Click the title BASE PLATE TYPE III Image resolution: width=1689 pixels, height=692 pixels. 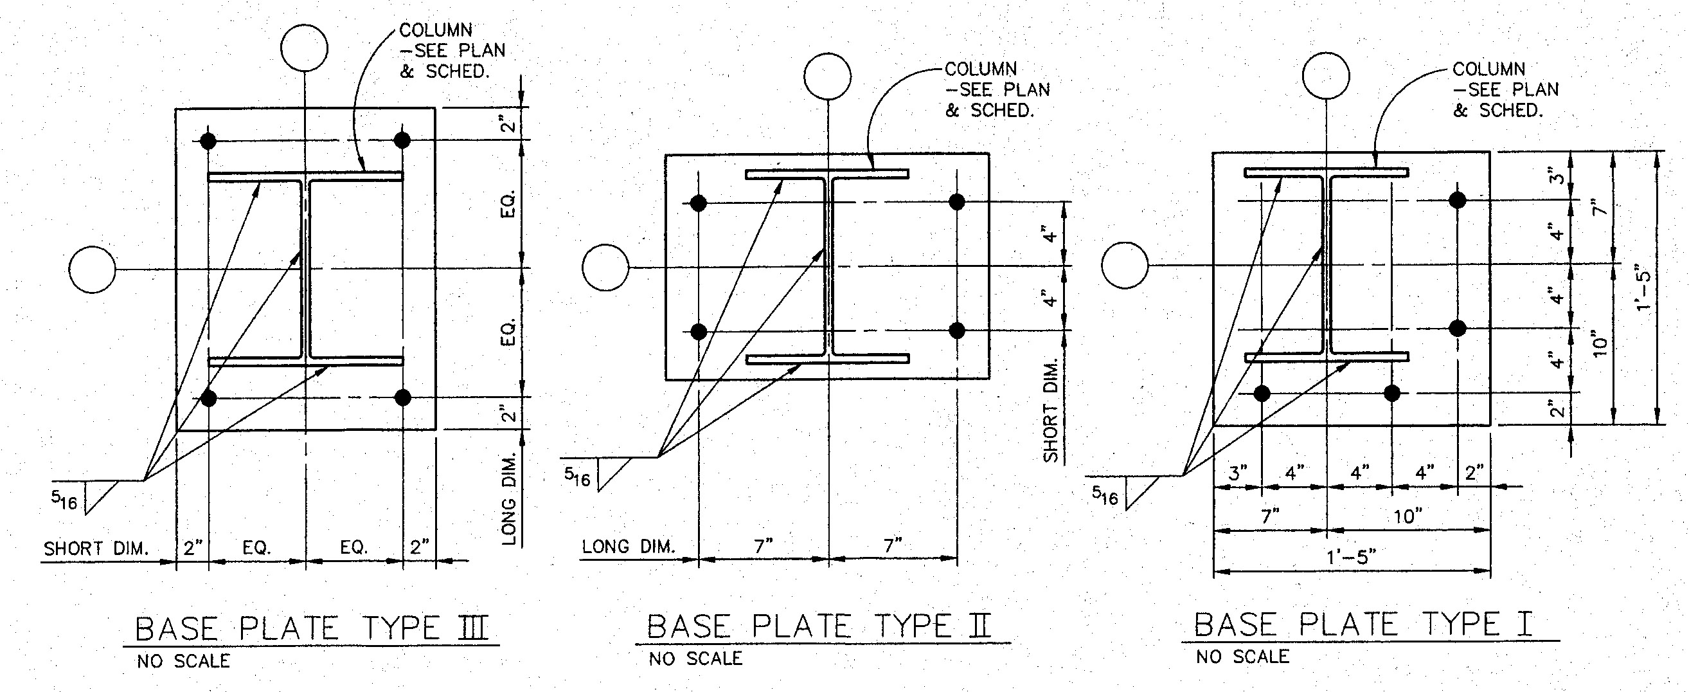click(x=312, y=628)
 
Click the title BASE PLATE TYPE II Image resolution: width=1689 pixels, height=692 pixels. click(x=819, y=626)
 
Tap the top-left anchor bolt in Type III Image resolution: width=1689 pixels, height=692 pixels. click(x=208, y=141)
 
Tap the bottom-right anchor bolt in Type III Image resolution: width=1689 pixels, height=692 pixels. click(x=402, y=397)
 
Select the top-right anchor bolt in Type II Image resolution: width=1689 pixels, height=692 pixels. click(x=956, y=201)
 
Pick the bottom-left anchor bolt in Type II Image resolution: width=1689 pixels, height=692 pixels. click(x=699, y=331)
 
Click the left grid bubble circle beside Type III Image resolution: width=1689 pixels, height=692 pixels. click(x=93, y=269)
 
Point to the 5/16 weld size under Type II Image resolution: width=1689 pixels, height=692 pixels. click(x=578, y=477)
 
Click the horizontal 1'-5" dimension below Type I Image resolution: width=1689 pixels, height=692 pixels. click(x=1351, y=558)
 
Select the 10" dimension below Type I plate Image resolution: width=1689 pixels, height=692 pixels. click(x=1407, y=517)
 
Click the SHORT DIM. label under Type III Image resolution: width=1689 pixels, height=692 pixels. click(x=96, y=549)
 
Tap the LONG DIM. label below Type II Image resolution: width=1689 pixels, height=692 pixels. click(x=628, y=547)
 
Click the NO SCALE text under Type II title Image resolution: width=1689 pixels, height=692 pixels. click(x=695, y=659)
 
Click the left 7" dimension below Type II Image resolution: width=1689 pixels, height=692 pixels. click(x=763, y=545)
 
